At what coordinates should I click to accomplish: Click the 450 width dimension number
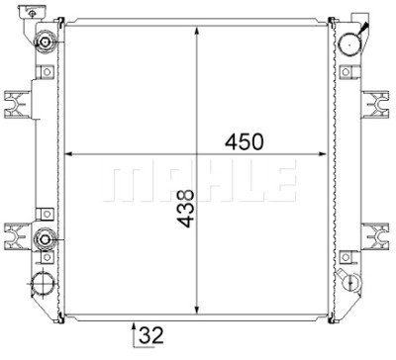tap(245, 141)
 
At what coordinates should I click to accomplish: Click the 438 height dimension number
tap(185, 209)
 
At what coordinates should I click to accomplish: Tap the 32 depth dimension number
tap(151, 335)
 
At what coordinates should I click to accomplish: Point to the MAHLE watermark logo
tap(200, 181)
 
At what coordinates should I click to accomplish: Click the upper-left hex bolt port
tap(45, 43)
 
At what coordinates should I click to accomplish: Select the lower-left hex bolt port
tap(45, 239)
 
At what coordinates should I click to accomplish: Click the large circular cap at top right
tap(350, 43)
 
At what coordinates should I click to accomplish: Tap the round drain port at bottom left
tap(43, 284)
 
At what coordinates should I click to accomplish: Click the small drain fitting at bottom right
tap(351, 281)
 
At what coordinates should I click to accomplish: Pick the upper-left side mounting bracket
tap(17, 104)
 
